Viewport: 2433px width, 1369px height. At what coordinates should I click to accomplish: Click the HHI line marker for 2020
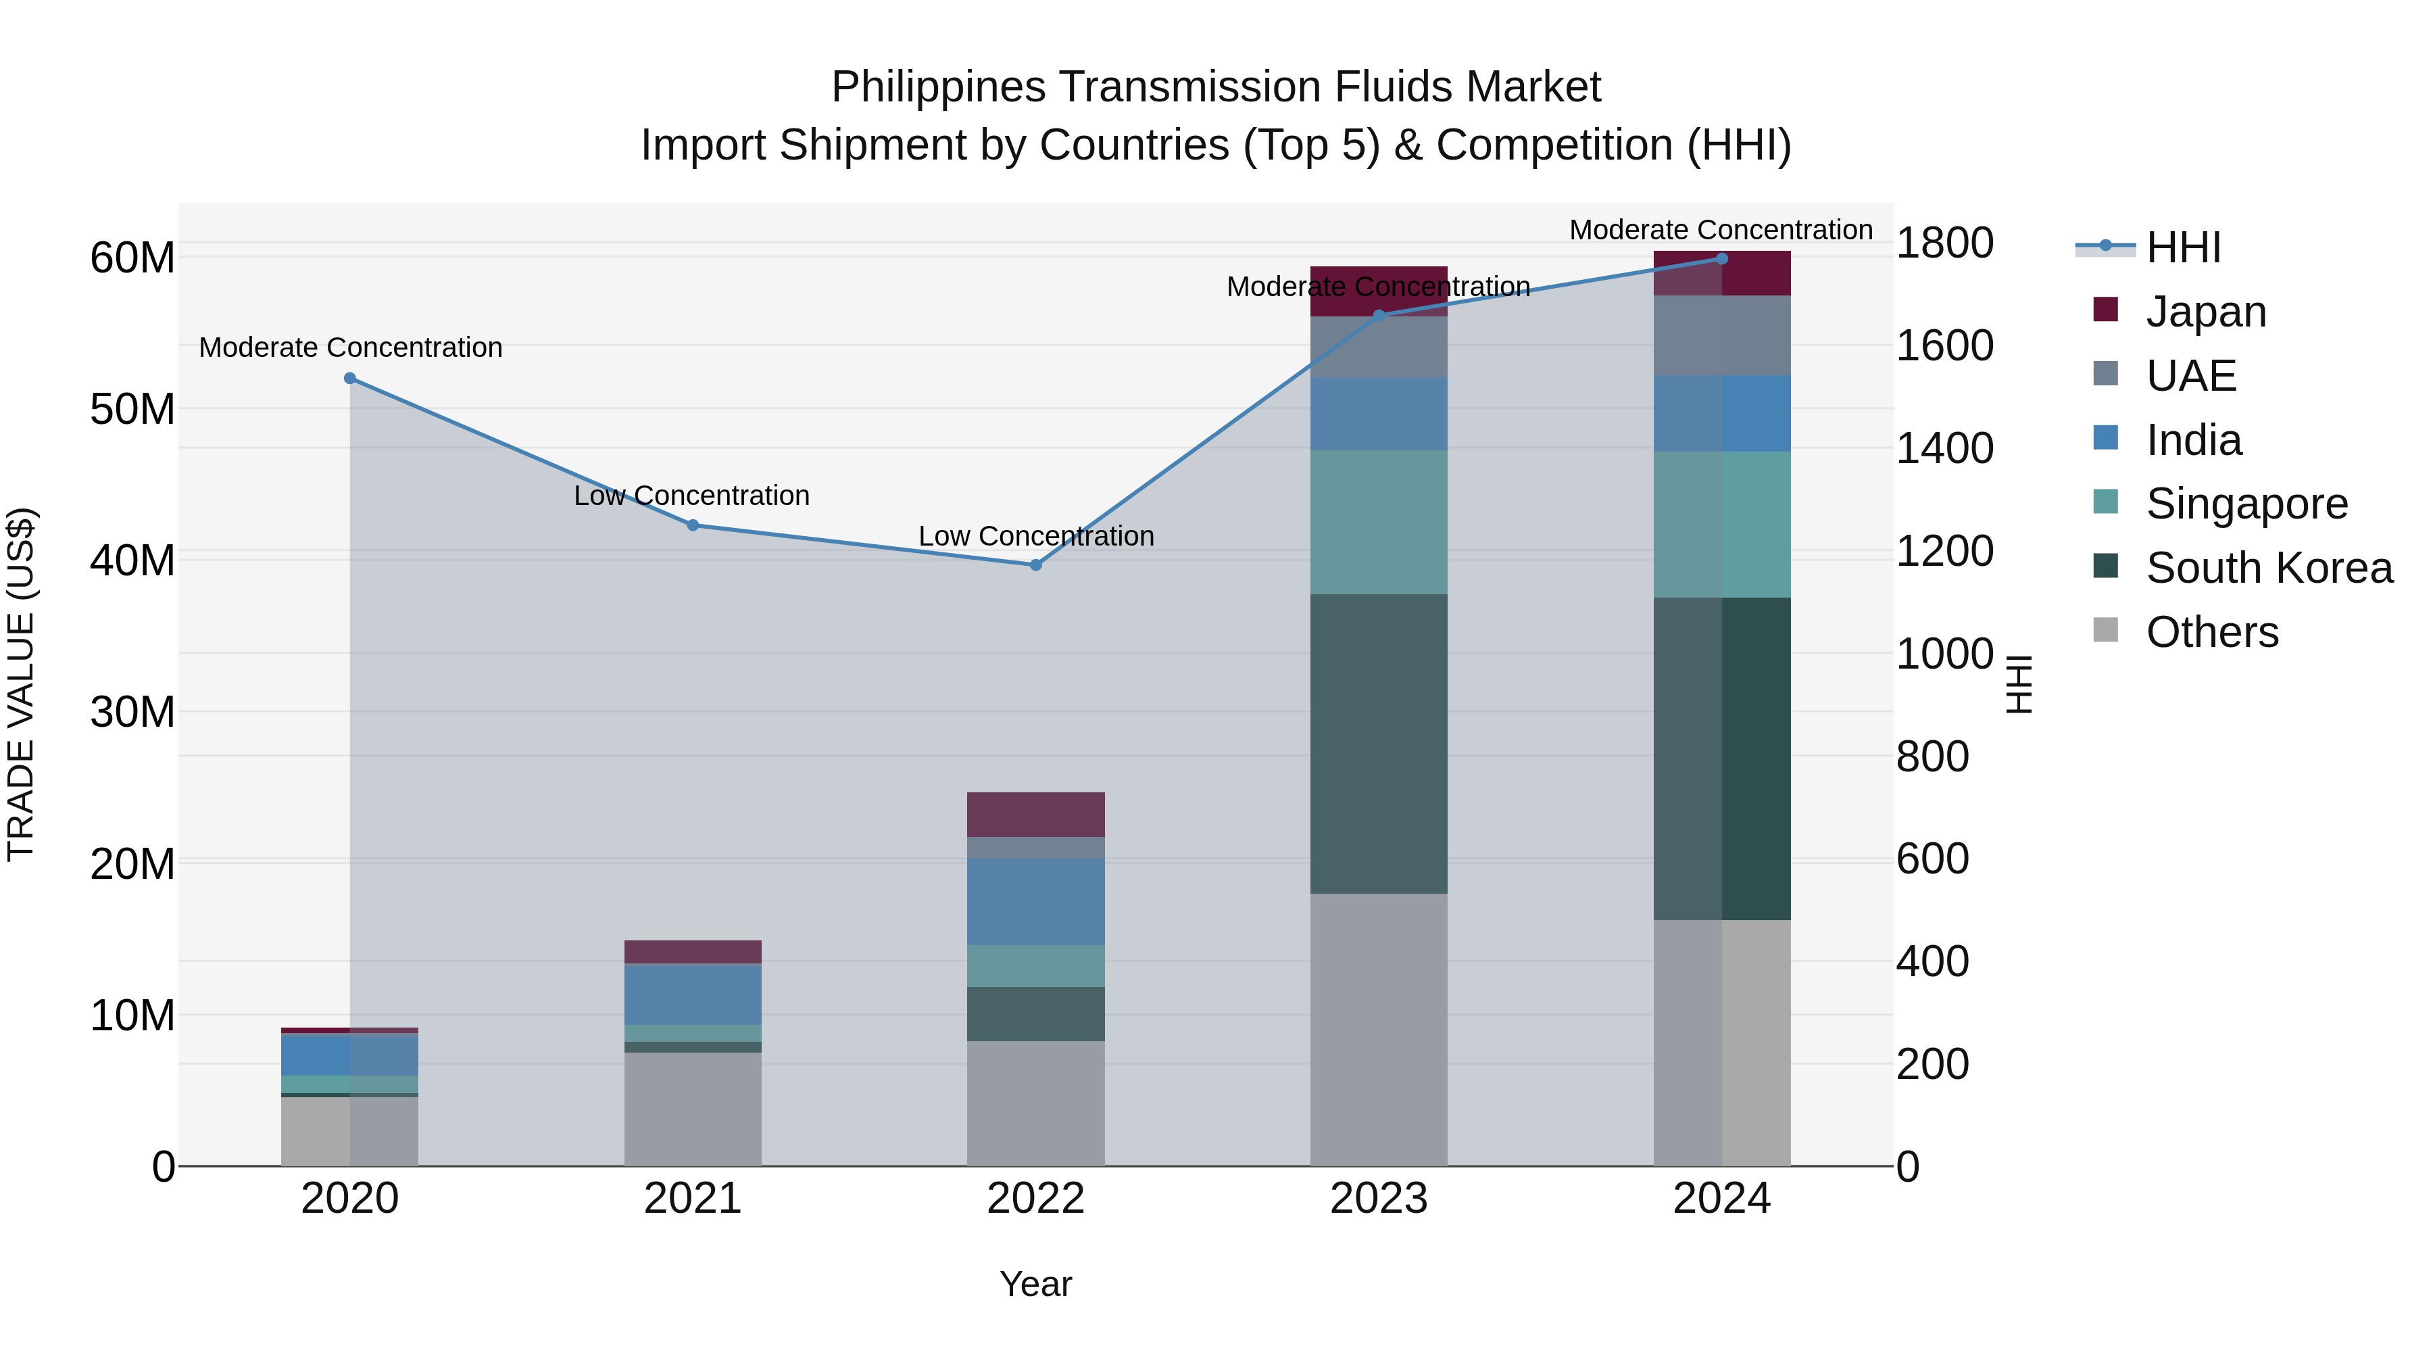click(349, 378)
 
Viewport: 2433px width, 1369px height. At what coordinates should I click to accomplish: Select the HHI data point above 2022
click(1035, 565)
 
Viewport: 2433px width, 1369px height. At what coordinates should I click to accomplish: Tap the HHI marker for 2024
click(1721, 258)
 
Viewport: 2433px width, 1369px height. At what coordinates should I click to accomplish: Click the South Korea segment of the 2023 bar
click(1378, 744)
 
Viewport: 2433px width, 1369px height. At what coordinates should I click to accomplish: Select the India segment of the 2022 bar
click(1035, 901)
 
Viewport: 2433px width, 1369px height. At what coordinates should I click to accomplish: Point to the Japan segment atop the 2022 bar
click(1035, 815)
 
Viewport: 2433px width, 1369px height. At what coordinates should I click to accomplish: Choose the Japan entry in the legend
click(2205, 311)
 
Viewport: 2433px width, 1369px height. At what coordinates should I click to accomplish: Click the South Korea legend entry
click(2267, 568)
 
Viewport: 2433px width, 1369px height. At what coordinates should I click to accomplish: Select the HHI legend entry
click(2182, 247)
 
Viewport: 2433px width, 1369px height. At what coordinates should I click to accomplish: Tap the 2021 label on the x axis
click(692, 1199)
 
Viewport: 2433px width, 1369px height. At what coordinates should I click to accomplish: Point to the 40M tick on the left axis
click(132, 560)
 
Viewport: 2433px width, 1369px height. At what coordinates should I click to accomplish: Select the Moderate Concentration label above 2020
click(349, 347)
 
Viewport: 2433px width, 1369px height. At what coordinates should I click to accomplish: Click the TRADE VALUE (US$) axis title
click(21, 684)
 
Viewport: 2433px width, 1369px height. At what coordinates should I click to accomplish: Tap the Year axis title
click(1035, 1284)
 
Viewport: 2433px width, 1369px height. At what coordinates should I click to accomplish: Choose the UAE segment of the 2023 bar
click(1378, 347)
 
